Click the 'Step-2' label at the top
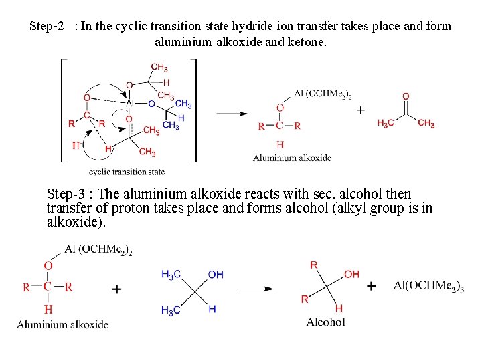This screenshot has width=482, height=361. click(x=47, y=27)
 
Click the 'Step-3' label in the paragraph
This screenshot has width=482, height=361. click(x=66, y=194)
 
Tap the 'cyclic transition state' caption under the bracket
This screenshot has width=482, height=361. click(x=127, y=172)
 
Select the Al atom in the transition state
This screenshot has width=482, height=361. click(x=131, y=103)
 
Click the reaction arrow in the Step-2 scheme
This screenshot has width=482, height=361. click(x=232, y=113)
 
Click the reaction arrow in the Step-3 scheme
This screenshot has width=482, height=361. click(x=255, y=289)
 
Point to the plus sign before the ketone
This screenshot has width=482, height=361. click(x=361, y=110)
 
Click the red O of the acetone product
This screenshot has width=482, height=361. click(x=406, y=97)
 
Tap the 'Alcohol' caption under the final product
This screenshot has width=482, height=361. click(x=325, y=322)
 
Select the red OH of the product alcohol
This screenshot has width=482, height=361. click(x=351, y=274)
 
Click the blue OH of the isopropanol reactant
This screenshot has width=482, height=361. click(x=216, y=275)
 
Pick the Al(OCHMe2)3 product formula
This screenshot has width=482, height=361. click(x=429, y=286)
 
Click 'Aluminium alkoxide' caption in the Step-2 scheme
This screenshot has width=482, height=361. click(x=292, y=158)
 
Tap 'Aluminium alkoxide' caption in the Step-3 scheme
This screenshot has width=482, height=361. click(x=62, y=325)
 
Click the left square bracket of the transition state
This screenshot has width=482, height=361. click(x=62, y=110)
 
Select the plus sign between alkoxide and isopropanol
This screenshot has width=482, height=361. click(x=116, y=289)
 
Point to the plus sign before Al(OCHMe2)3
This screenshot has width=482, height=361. click(x=372, y=286)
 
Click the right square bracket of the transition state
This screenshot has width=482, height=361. click(x=195, y=110)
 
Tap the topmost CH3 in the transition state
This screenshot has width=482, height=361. click(x=159, y=68)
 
